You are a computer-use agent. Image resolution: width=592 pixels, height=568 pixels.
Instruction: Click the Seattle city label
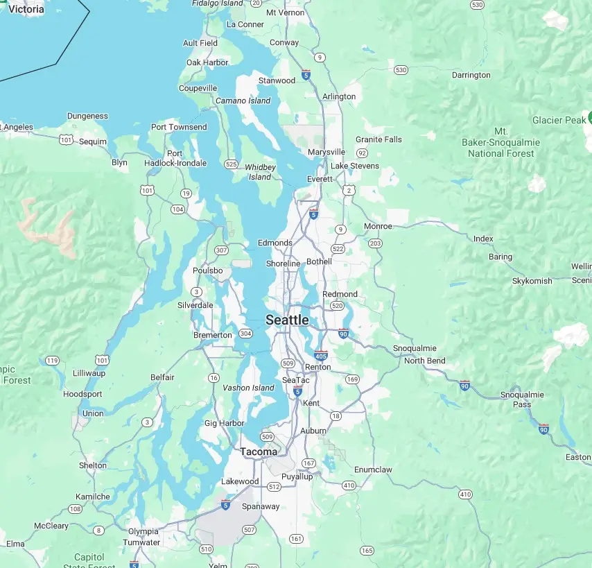(x=287, y=320)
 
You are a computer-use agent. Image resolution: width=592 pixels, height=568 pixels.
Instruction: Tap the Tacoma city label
(x=259, y=451)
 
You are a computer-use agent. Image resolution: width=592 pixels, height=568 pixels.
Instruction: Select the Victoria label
(x=26, y=9)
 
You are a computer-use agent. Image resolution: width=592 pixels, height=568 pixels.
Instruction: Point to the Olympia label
(x=143, y=531)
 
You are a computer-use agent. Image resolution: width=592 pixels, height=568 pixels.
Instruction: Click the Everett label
(x=320, y=179)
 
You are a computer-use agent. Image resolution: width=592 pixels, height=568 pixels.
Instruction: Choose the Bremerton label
(x=213, y=335)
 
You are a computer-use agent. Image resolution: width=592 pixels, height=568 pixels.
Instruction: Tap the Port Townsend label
(x=179, y=127)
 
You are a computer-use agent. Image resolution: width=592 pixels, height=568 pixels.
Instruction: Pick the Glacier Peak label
(x=559, y=120)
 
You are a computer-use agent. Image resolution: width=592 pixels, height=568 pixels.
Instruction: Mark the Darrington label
(x=471, y=75)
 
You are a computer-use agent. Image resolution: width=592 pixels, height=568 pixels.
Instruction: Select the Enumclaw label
(x=373, y=470)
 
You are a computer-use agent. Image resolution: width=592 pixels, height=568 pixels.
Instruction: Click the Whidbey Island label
(x=260, y=172)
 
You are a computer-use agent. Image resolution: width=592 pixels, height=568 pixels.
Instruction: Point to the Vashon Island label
(x=248, y=388)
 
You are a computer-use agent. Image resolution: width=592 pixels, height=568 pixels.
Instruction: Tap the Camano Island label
(x=243, y=101)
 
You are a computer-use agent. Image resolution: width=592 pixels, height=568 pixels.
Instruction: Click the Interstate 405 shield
(x=320, y=355)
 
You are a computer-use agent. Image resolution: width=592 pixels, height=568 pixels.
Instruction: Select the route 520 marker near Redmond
(x=338, y=305)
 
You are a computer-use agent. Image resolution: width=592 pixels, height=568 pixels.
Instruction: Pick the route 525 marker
(x=232, y=164)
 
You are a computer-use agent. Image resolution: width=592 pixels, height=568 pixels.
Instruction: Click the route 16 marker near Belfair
(x=214, y=377)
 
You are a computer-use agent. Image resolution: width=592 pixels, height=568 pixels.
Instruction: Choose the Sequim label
(x=93, y=141)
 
